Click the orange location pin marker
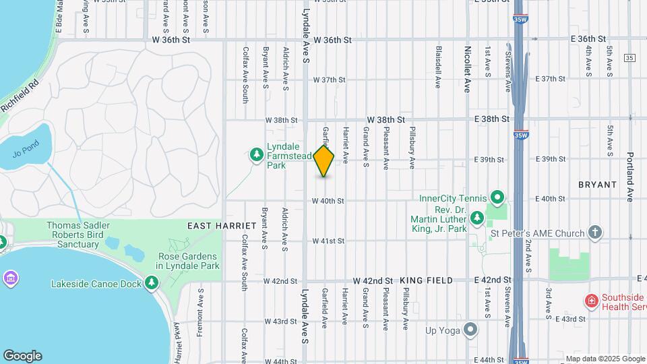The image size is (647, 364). pos(324,161)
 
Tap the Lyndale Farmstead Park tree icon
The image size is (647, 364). pos(256,156)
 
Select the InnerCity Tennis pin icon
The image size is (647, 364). pos(497,198)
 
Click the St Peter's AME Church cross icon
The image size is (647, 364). pos(594,233)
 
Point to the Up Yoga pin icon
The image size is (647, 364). pos(470,330)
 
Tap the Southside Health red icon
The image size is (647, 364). pos(591,301)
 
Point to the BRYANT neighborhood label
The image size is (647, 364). pos(597,184)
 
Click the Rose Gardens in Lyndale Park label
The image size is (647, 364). pos(187,261)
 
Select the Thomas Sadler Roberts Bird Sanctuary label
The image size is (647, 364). pos(78,235)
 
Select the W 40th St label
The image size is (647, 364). pos(328,200)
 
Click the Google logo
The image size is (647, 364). pos(22,356)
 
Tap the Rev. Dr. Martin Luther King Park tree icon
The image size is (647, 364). pos(477,218)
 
